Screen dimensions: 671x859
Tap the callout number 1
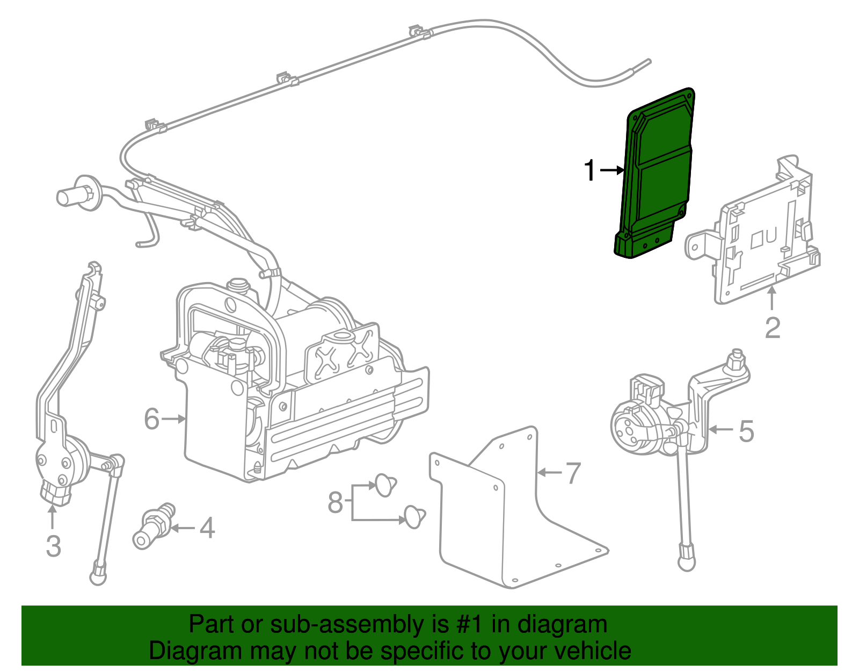[590, 171]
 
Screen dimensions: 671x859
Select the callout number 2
[772, 328]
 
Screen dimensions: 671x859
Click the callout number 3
[53, 546]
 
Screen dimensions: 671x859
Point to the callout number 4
[207, 528]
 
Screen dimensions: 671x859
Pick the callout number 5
[746, 431]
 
